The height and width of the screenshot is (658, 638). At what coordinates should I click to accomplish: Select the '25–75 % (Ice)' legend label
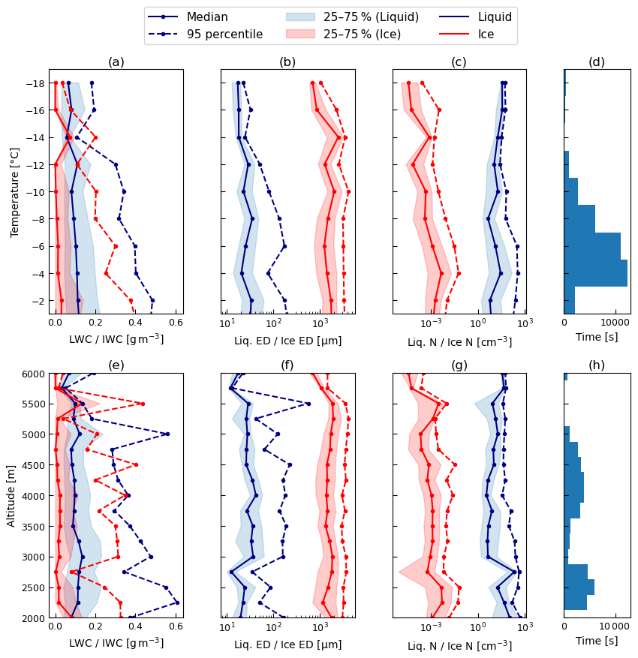click(x=362, y=34)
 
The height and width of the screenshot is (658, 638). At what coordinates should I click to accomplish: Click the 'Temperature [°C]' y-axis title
click(x=15, y=192)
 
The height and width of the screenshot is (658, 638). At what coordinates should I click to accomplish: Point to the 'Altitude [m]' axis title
click(x=11, y=496)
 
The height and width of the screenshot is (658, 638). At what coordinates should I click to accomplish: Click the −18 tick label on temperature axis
click(x=35, y=83)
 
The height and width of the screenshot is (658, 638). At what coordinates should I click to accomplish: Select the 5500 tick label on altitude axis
click(x=33, y=404)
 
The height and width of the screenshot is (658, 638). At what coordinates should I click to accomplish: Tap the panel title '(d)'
click(x=597, y=62)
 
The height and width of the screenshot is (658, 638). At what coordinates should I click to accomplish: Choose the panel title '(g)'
click(x=459, y=365)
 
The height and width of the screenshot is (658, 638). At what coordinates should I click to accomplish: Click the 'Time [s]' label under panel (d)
click(x=597, y=337)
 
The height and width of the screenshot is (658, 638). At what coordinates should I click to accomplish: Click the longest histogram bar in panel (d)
click(x=596, y=273)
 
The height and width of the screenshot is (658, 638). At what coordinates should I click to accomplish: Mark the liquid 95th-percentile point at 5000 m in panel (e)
click(x=167, y=434)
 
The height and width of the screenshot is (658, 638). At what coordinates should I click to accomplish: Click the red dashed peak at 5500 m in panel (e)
click(x=143, y=404)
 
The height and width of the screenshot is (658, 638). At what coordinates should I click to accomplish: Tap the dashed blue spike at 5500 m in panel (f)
click(x=308, y=404)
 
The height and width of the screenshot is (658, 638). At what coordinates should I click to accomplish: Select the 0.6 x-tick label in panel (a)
click(x=176, y=323)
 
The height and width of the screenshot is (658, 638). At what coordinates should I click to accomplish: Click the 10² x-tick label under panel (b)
click(x=273, y=323)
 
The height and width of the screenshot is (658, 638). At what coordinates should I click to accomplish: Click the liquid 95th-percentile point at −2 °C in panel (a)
click(x=152, y=300)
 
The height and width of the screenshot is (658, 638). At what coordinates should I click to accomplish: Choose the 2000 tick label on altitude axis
click(x=33, y=618)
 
